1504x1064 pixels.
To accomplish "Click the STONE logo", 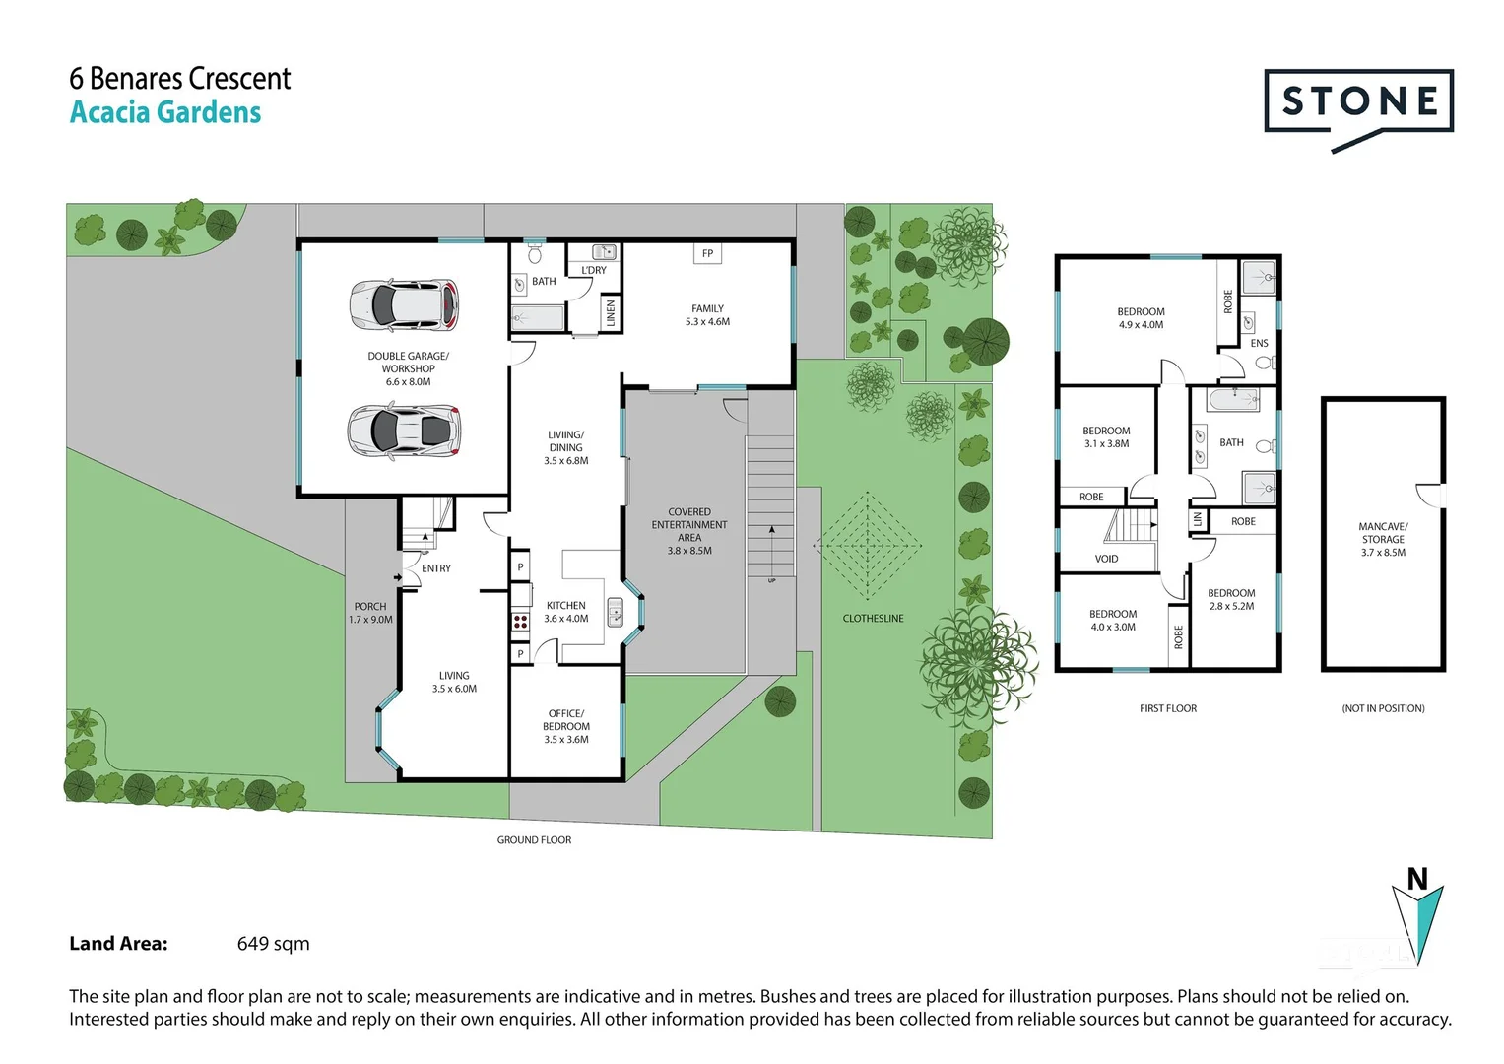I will coord(1358,102).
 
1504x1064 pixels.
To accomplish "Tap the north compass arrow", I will coord(1417,921).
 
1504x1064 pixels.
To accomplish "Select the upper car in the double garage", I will coord(404,304).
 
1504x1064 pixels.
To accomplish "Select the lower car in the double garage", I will coord(404,431).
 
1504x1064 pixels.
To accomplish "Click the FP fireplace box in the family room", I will coord(707,253).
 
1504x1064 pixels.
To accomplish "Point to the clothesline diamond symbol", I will coord(868,546).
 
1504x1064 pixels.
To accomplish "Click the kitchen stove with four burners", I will coord(520,621).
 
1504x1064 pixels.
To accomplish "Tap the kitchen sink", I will coord(615,612).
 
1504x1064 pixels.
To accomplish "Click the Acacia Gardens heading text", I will coord(165,112).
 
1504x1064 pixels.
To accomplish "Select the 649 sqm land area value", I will coord(273,944).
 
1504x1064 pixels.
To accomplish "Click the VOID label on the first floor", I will coord(1106,559).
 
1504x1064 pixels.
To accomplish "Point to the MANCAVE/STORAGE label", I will coord(1383,539).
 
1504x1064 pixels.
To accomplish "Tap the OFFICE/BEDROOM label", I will coord(566,726).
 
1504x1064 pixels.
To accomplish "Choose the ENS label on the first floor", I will coord(1259,343).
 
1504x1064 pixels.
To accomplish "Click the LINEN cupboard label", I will coord(611,313).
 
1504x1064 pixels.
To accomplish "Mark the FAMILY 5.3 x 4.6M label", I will coord(707,315).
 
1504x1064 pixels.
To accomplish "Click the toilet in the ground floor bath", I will coord(535,254).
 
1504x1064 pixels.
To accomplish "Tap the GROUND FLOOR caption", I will coord(534,840).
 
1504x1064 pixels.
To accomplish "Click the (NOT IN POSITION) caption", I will coord(1383,708).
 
